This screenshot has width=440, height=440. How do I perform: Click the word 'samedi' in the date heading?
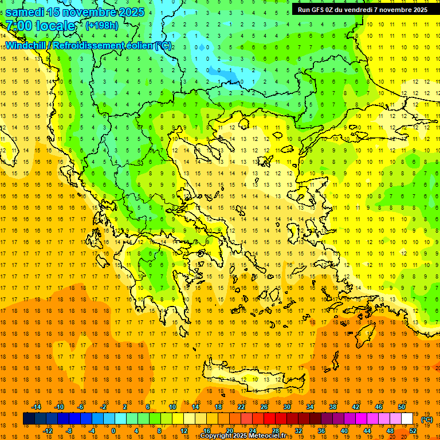pyautogui.click(x=26, y=12)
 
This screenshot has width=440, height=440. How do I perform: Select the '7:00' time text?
pyautogui.click(x=18, y=26)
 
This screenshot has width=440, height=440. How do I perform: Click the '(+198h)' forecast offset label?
pyautogui.click(x=101, y=25)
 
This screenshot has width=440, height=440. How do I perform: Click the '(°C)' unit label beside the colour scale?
pyautogui.click(x=427, y=419)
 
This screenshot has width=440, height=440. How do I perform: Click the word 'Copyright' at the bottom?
pyautogui.click(x=217, y=436)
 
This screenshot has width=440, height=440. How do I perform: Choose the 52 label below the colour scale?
pyautogui.click(x=413, y=431)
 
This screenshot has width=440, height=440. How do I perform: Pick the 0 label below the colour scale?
pyautogui.click(x=113, y=431)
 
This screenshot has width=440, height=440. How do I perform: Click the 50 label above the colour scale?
pyautogui.click(x=402, y=407)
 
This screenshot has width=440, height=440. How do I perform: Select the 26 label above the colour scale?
pyautogui.click(x=264, y=407)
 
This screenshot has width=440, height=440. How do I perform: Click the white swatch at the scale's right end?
pyautogui.click(x=407, y=419)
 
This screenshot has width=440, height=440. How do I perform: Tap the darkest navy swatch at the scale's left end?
pyautogui.click(x=29, y=419)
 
